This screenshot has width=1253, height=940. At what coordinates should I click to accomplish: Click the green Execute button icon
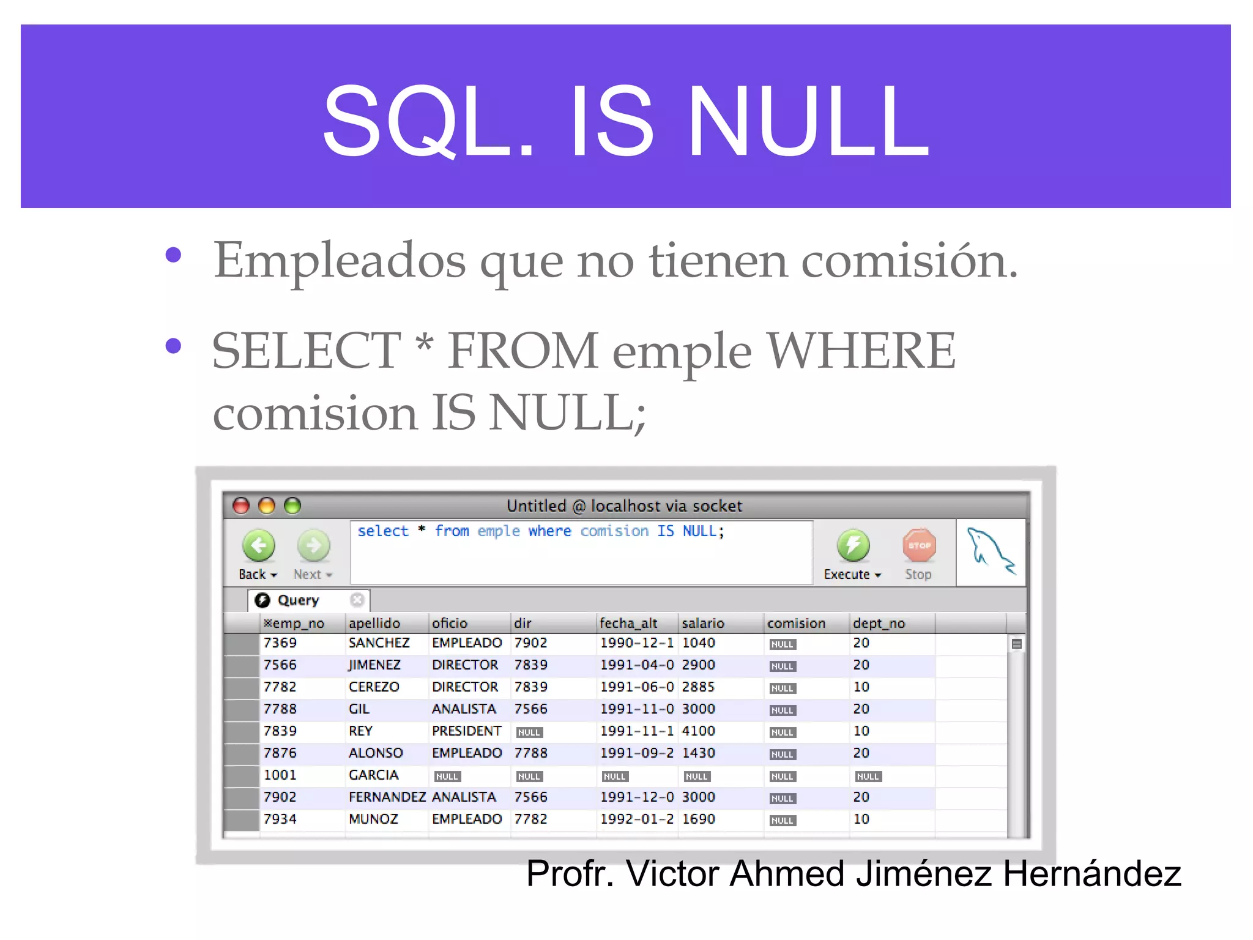point(853,545)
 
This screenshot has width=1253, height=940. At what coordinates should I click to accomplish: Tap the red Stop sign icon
point(919,545)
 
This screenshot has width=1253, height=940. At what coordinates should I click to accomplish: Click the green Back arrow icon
point(259,545)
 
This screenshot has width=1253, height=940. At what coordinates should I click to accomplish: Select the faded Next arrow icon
point(313,545)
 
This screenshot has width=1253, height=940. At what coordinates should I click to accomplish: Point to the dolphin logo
point(990,551)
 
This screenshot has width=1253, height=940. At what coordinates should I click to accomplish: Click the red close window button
point(241,505)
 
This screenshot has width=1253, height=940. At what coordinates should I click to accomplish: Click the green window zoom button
point(293,505)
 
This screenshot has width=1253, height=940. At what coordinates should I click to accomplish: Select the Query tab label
point(299,600)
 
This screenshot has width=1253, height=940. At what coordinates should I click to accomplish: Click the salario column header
point(703,623)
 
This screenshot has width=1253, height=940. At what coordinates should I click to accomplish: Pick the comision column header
point(796,623)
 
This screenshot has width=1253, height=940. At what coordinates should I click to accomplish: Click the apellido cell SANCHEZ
point(379,643)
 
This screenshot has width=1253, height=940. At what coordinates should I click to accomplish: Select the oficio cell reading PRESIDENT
point(466,731)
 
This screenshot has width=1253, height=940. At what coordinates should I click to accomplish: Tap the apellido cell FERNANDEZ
point(387,797)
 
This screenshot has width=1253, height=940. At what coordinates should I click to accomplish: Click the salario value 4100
point(698,731)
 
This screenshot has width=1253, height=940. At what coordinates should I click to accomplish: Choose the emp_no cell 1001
point(280,775)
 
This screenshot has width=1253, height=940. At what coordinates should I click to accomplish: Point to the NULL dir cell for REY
point(529,733)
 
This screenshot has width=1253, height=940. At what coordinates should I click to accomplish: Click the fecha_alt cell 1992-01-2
point(636,819)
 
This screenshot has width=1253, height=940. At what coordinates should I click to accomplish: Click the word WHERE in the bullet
point(861,351)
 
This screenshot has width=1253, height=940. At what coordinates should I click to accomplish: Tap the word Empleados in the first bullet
point(340,261)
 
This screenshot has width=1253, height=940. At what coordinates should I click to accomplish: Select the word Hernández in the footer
point(1091,873)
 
